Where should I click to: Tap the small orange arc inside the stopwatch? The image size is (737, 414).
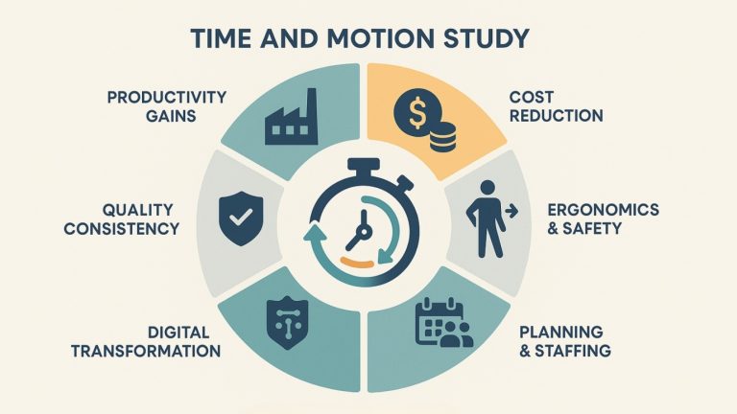tap(357, 262)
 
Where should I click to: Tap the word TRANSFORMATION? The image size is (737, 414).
tap(146, 352)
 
